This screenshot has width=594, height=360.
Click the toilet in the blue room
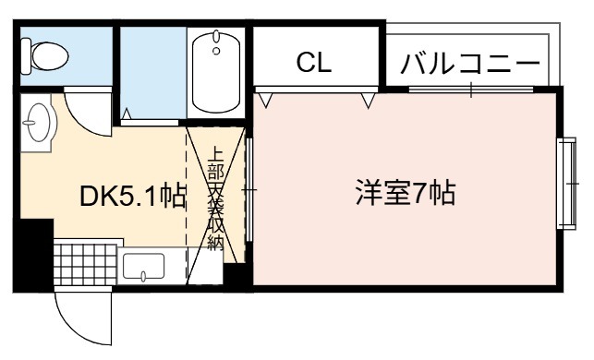(44, 56)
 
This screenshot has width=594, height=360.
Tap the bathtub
(216, 72)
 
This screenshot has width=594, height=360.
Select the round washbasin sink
(39, 122)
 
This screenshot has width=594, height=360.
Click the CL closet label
(314, 63)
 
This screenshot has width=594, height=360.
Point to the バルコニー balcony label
(469, 63)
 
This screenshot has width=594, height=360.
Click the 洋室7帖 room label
(406, 193)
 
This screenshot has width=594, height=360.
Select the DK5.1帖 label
(133, 196)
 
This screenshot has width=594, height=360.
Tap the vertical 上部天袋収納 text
(216, 198)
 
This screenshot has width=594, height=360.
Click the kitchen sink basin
(143, 266)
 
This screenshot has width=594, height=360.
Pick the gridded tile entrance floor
(85, 265)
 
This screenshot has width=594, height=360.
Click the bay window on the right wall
(567, 184)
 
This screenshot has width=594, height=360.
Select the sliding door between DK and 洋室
(249, 189)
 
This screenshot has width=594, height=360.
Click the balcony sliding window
(471, 90)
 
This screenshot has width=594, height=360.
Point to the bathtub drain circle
(216, 51)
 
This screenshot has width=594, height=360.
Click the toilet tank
(25, 56)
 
